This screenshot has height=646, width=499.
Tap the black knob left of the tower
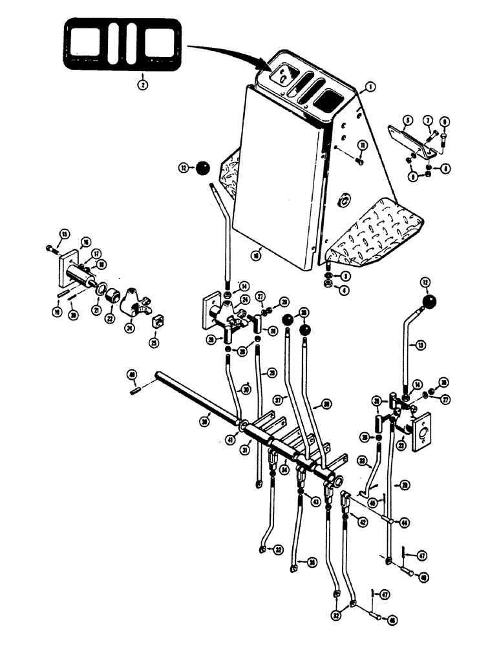coord(203,169)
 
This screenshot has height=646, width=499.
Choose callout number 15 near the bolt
coord(64,233)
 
